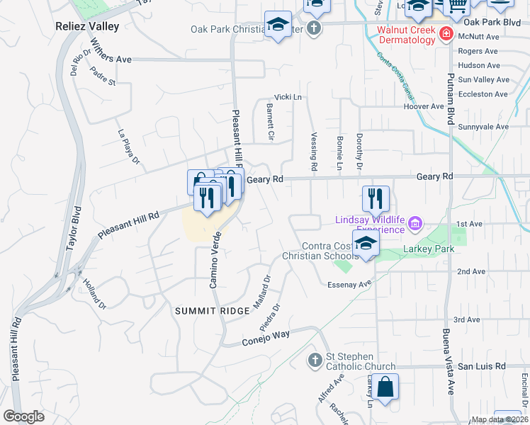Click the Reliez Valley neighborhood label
tap(86, 26)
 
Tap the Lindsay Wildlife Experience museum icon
tap(415, 225)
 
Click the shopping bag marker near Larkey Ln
tap(386, 387)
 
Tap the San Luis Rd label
tap(481, 366)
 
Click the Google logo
tap(23, 416)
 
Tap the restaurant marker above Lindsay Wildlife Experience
tap(376, 198)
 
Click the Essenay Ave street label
tap(349, 284)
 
